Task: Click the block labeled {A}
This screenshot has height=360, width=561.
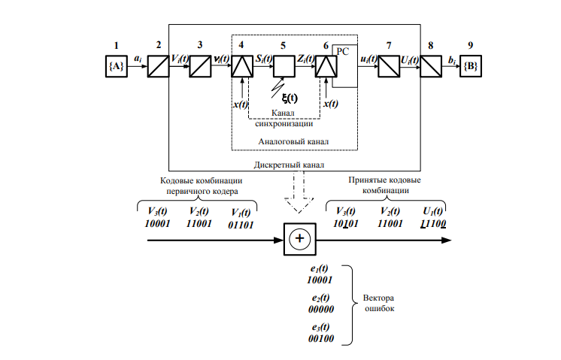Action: [117, 66]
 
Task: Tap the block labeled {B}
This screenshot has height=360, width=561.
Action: [471, 66]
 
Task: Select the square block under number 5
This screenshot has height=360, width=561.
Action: [284, 66]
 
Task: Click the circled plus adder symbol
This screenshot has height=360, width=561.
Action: [299, 239]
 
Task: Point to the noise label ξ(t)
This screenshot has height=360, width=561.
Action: [290, 98]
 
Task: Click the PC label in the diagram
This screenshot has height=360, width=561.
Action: [342, 51]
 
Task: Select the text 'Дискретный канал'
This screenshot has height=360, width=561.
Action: [289, 165]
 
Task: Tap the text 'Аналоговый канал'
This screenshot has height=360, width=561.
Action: [293, 141]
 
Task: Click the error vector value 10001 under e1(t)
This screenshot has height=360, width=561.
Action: [320, 280]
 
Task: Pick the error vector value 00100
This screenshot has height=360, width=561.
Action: [321, 338]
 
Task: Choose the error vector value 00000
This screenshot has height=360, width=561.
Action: [321, 309]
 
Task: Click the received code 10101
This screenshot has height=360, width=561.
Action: [346, 224]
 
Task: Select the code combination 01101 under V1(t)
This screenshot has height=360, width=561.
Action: [241, 225]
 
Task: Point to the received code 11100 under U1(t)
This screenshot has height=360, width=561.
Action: [433, 224]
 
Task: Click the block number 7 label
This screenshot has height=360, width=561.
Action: [389, 45]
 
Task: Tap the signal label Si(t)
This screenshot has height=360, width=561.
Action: [264, 59]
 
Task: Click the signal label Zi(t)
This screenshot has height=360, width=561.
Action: [306, 59]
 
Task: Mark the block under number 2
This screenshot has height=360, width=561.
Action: [158, 66]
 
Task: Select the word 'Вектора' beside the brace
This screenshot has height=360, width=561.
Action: [378, 298]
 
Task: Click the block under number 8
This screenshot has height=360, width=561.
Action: [431, 66]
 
